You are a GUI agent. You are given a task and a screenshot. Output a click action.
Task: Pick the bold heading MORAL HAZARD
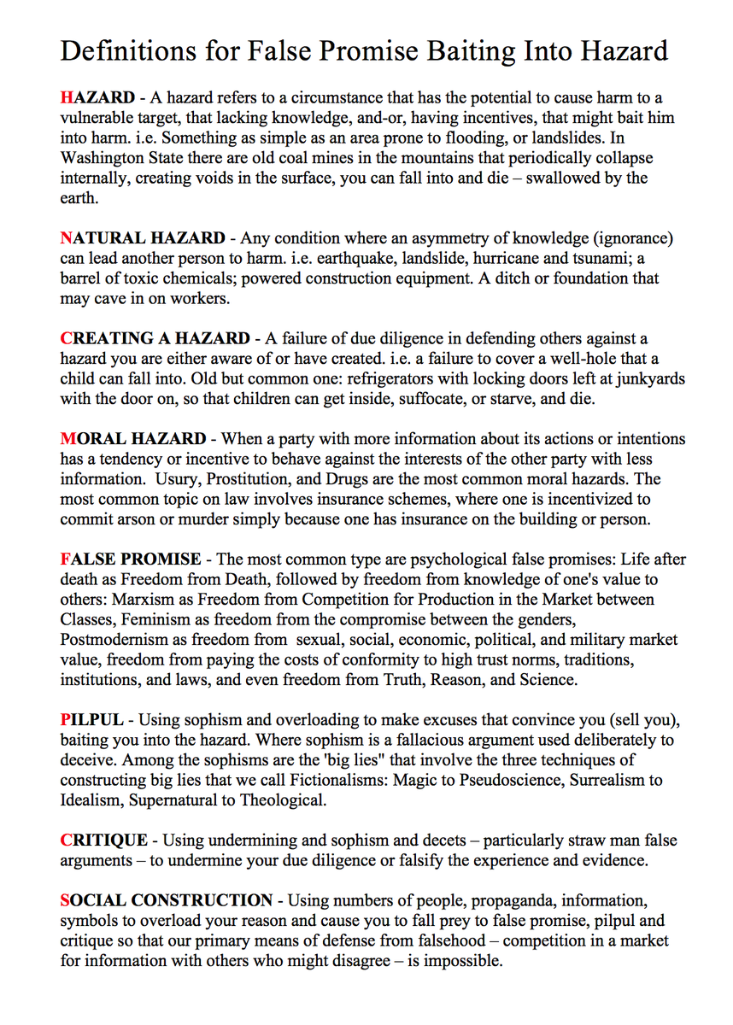133,439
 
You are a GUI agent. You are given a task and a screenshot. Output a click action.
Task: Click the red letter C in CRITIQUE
67,840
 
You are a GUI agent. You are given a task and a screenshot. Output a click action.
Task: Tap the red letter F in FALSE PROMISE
66,559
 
